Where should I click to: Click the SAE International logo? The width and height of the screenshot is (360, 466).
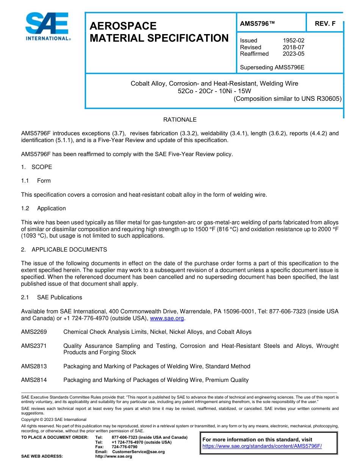[x=47, y=27]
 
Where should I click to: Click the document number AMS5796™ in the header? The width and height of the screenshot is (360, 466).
[x=257, y=23]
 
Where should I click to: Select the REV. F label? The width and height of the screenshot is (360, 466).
[x=325, y=23]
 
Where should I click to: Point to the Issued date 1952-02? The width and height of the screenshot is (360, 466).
[x=293, y=41]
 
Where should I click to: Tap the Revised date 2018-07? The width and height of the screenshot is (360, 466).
[x=293, y=47]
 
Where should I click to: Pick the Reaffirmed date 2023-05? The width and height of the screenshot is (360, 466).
[x=293, y=54]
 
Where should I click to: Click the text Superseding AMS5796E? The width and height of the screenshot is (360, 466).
[x=272, y=67]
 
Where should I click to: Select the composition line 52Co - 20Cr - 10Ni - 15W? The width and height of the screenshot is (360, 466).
[x=214, y=91]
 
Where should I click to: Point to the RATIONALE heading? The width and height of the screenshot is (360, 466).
[x=180, y=120]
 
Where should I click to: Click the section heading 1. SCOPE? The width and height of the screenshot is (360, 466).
[x=36, y=167]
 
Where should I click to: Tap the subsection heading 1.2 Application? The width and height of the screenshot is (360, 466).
[x=44, y=208]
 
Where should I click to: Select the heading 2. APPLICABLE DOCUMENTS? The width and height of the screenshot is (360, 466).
[x=64, y=250]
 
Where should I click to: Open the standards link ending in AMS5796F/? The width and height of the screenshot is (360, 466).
[x=262, y=446]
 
